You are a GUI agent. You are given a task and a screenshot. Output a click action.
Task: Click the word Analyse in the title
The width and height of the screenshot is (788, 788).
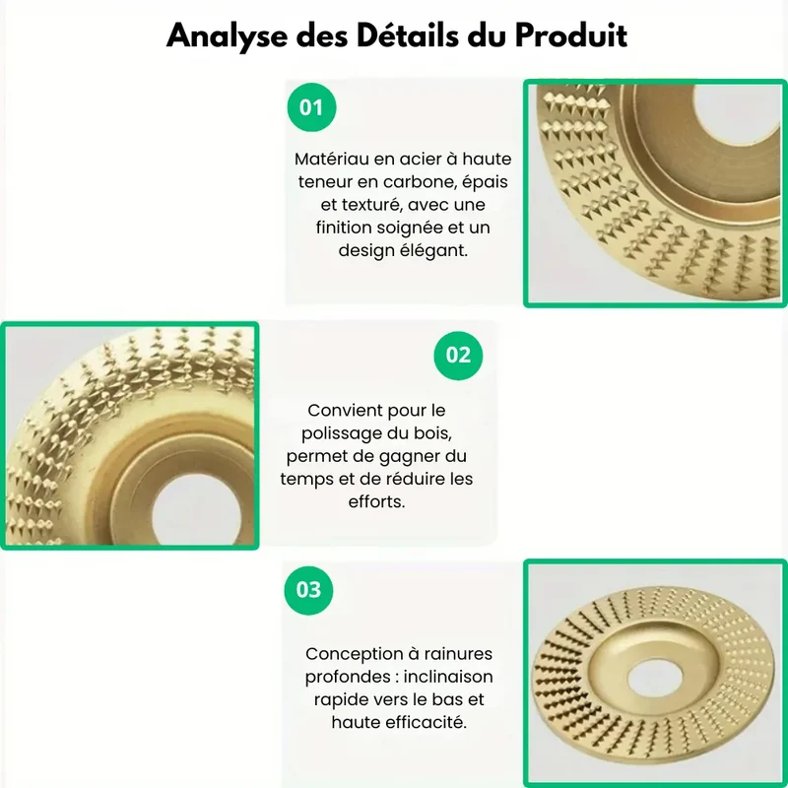pos(227,36)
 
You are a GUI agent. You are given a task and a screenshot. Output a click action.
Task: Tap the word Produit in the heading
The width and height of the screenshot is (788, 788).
pos(571,35)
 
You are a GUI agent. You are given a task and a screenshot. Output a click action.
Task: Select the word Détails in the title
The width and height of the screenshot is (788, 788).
pos(407,35)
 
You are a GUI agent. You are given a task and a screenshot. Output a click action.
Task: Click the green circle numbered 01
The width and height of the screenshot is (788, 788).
pos(311,107)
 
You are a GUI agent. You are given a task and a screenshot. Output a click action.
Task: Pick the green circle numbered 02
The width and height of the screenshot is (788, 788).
pos(458,356)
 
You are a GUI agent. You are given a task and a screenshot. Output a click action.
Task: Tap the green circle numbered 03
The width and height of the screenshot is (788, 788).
pos(308,590)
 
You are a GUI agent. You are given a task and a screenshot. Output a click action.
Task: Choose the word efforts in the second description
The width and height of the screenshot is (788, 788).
pos(376,501)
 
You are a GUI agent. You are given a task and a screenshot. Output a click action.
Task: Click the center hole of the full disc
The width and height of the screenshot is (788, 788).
pos(655,679)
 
